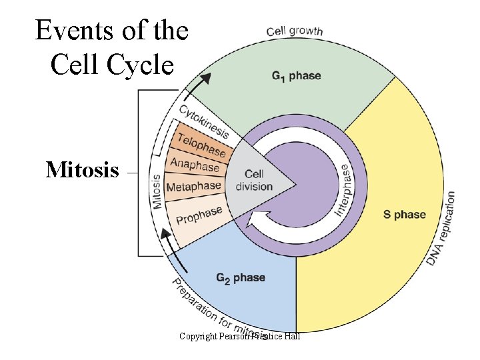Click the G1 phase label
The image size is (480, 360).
pos(296,76)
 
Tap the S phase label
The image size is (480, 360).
pos(404,215)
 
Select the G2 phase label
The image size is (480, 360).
pos(240,277)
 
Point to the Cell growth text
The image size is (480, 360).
pos(294,31)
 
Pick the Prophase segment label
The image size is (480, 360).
pos(199,216)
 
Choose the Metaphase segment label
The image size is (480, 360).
pos(193,187)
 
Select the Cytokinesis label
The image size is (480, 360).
pos(203,122)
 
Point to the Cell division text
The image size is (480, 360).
pos(254,181)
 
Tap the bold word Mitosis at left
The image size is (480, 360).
pos(82,171)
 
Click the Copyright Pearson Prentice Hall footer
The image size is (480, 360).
pos(239,337)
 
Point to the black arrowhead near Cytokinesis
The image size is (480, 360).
pos(206,78)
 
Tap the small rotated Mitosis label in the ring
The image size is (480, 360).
pos(157,191)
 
